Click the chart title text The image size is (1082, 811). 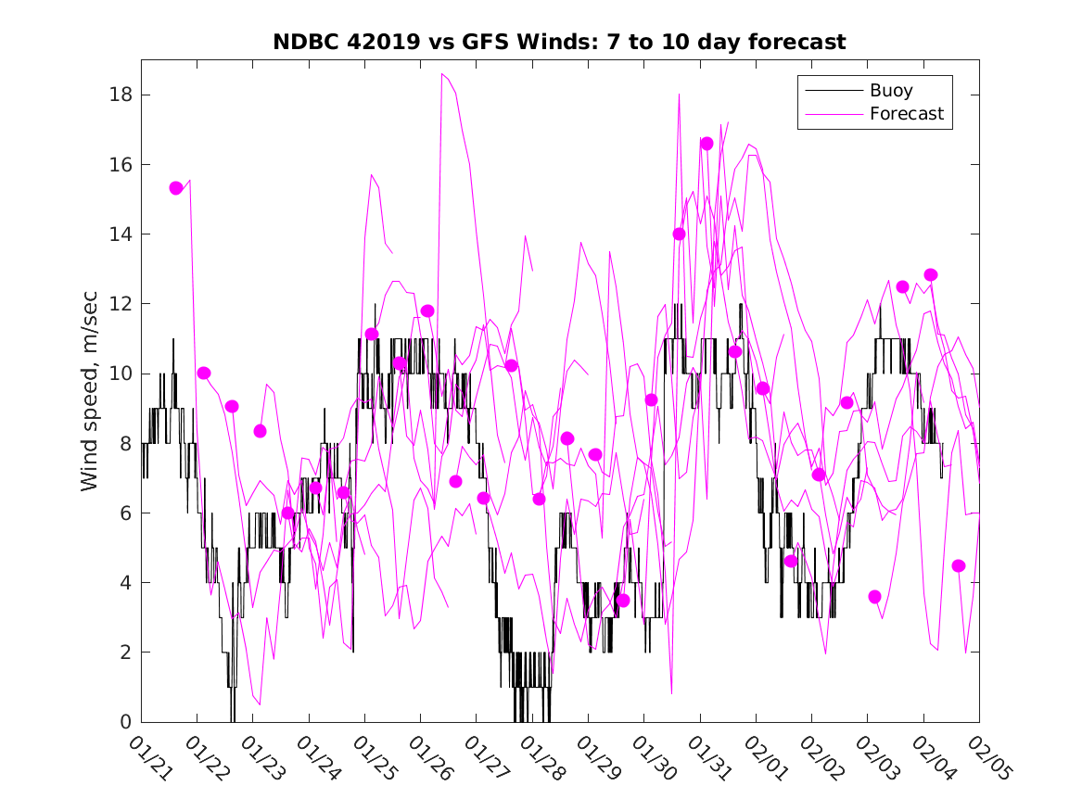coord(558,43)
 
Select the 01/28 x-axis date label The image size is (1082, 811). coord(542,759)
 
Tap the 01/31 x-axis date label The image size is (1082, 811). coord(709,759)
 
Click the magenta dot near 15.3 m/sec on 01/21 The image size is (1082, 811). coord(176,188)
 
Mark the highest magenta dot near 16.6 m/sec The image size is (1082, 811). coord(706,144)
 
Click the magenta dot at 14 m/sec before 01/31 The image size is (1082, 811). coord(679,234)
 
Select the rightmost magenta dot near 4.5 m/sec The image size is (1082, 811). coord(959,566)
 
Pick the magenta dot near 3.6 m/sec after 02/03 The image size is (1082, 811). coord(874,597)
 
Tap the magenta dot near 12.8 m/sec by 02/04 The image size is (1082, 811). coord(931,275)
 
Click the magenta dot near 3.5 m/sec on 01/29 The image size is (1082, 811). coord(623,601)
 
